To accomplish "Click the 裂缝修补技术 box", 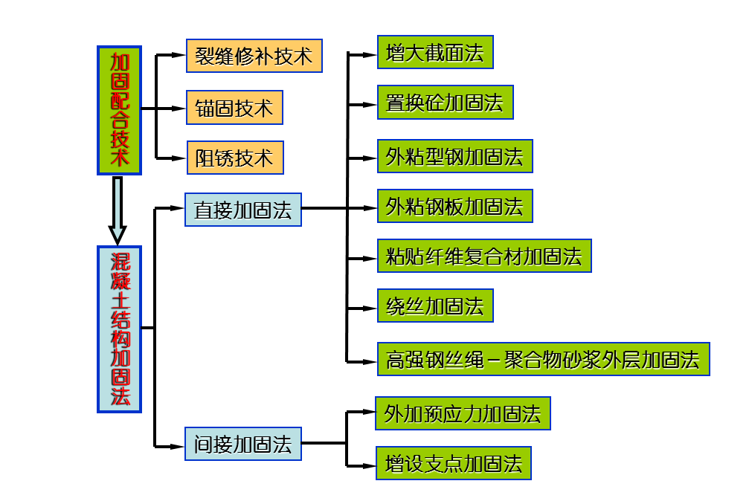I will (254, 56).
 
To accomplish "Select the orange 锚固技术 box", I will (234, 108).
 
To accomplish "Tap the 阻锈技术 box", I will (234, 158).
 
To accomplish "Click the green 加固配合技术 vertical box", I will (119, 110).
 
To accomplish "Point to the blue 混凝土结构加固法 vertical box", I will (119, 329).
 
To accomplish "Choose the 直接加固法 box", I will (243, 210).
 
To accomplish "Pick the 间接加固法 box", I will (243, 444).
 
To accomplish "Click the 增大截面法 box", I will (435, 53).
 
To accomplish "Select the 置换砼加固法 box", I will (445, 103).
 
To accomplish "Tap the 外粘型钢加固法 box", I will (454, 156).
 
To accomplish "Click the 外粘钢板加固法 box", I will (454, 207).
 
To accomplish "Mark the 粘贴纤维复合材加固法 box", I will (484, 256).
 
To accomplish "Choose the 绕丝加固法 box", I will (435, 306).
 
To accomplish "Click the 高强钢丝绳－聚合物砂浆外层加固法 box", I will (543, 360).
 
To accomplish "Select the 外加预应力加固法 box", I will (463, 413).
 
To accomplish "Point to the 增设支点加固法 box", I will (454, 464).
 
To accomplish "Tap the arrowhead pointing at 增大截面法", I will (370, 54).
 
